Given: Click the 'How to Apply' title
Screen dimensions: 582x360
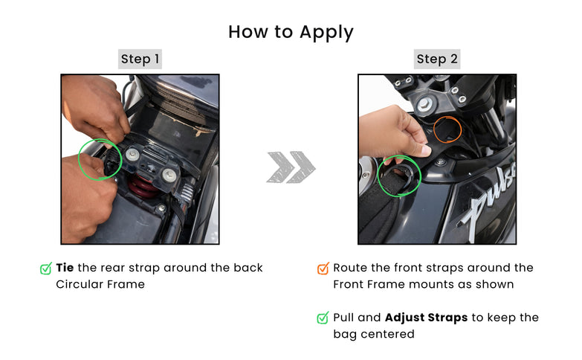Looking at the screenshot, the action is (291, 32).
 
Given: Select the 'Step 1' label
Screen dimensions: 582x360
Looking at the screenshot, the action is (140, 59).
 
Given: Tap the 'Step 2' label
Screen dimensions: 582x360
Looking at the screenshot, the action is (437, 59).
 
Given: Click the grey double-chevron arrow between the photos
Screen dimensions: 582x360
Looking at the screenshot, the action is (291, 167).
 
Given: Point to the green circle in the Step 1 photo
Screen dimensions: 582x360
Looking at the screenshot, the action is (79, 160).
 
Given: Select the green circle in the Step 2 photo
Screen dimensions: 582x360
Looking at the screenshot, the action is (378, 176).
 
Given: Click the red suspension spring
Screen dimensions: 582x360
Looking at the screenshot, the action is (143, 187).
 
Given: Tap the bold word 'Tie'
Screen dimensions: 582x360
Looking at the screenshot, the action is (65, 268).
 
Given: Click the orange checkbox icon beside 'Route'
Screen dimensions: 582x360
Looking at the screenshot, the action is (323, 269).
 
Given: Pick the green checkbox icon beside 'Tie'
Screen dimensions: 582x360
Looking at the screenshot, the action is (45, 269).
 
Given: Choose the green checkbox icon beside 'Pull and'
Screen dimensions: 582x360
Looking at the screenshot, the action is (323, 318).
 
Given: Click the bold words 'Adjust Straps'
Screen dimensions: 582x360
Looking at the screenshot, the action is (426, 318).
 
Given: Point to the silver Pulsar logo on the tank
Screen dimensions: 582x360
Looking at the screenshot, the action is (488, 202).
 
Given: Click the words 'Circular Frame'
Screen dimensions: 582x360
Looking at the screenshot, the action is (100, 284).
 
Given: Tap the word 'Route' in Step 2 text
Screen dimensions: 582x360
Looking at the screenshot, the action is (350, 268).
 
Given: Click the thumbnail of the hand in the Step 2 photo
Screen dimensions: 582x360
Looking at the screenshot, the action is (422, 150).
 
